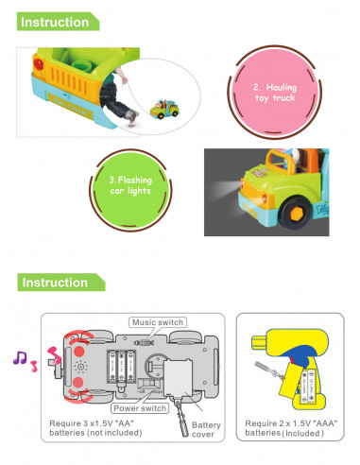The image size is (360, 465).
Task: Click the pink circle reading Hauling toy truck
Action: click(x=275, y=93)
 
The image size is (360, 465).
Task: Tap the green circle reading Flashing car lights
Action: click(x=130, y=190)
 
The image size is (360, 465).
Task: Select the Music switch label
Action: click(x=158, y=322)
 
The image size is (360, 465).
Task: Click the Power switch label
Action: click(x=140, y=408)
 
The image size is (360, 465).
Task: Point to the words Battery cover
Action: click(x=206, y=430)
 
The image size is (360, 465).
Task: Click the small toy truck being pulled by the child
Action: click(x=164, y=109)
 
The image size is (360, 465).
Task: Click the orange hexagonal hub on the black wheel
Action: click(x=296, y=215)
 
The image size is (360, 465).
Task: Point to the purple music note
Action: click(x=20, y=358)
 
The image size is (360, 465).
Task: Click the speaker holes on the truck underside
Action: click(x=81, y=367)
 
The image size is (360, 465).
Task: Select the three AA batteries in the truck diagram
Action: click(x=122, y=366)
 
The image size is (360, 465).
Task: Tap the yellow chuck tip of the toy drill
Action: click(x=259, y=342)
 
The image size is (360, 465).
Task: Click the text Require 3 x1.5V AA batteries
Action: click(x=95, y=428)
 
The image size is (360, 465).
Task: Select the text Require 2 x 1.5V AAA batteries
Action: click(x=291, y=428)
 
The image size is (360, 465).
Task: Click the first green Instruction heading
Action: click(x=58, y=22)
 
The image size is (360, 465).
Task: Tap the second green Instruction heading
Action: click(x=60, y=283)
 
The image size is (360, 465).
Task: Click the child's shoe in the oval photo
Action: click(x=134, y=117)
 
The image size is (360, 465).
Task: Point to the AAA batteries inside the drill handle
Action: click(x=308, y=387)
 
